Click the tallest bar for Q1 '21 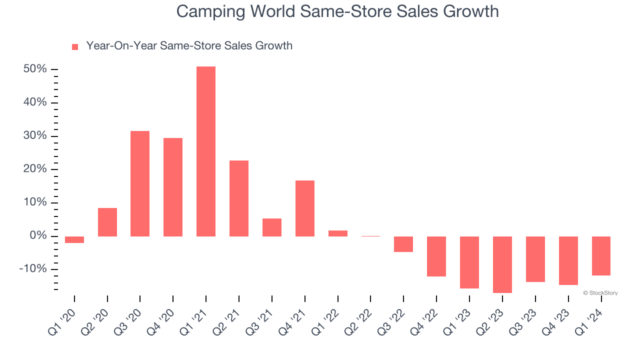tap(205, 151)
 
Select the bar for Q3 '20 tap(139, 183)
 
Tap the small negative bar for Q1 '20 tap(74, 239)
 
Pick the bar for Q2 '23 tap(502, 264)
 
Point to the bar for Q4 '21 tap(304, 208)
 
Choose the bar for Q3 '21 tap(271, 227)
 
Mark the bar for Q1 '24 tap(601, 255)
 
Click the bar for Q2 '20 tap(107, 222)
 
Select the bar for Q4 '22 tap(436, 256)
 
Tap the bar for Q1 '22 tap(337, 233)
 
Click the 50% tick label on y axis tap(35, 69)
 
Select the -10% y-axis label tap(33, 269)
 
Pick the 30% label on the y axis tap(35, 135)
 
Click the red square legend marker tap(75, 47)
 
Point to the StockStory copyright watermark tap(600, 293)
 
